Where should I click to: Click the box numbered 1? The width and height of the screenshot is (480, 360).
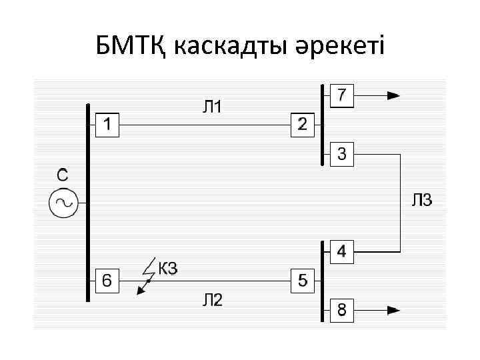coord(107,125)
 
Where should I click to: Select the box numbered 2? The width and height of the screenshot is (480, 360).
coord(302,125)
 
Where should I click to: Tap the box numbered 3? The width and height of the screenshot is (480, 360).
coord(341,155)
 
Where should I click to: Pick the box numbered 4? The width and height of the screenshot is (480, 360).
coord(341,252)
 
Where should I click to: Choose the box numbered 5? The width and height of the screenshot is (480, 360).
coord(302,281)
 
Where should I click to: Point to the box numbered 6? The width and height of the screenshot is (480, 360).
coord(107,281)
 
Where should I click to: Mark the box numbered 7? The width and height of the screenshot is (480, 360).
coord(341,95)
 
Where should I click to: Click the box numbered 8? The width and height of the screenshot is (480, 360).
coord(341,310)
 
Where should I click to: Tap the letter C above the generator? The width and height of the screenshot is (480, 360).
coord(61,175)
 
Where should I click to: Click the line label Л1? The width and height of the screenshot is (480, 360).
coord(213,106)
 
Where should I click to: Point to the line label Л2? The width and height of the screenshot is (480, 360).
coord(213,301)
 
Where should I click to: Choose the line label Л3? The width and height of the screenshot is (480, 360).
coord(421,200)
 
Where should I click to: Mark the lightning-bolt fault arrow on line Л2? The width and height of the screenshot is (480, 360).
coord(144,280)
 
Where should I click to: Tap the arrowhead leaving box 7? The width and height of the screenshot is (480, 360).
coord(393,95)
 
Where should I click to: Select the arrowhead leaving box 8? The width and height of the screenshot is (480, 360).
coord(393,310)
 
